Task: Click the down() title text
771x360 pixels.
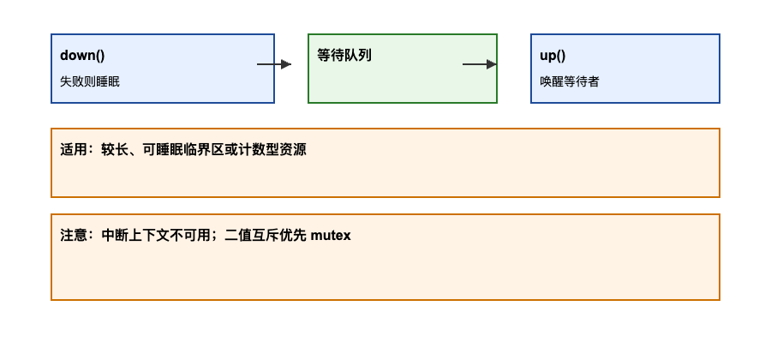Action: pos(82,56)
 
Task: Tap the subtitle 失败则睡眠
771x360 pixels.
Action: pos(90,81)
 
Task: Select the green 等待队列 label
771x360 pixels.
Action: pos(344,56)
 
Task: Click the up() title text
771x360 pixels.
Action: pos(553,56)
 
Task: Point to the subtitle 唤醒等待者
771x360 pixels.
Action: pos(570,81)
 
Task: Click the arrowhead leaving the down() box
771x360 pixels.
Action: pos(286,64)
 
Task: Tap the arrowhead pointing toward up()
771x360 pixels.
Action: pos(492,64)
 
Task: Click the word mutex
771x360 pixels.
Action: pos(331,236)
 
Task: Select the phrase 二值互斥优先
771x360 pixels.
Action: pos(266,236)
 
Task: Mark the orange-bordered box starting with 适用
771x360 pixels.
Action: pos(385,176)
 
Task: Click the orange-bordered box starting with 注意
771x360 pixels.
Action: pos(385,270)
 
